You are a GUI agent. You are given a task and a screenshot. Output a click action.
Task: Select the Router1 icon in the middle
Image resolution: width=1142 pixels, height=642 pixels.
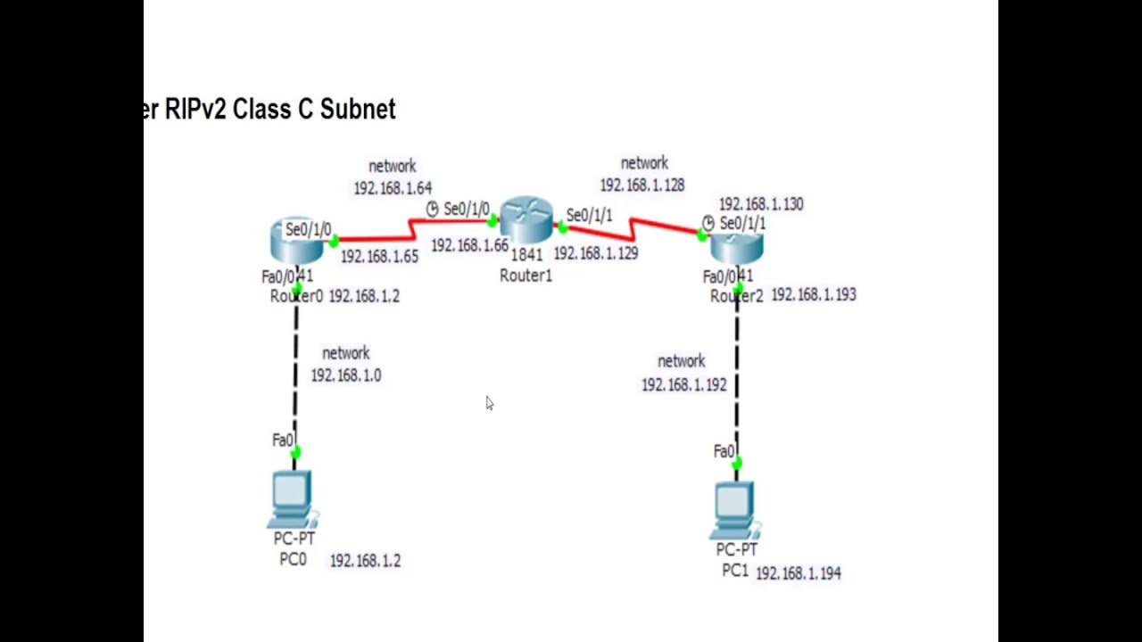(526, 221)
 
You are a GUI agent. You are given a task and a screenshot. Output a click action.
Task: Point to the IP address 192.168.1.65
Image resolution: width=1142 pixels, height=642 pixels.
(379, 257)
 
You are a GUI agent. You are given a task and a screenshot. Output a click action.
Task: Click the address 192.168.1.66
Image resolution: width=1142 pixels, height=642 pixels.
(469, 245)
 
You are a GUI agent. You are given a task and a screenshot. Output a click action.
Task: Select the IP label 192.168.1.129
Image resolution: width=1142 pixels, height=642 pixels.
(595, 253)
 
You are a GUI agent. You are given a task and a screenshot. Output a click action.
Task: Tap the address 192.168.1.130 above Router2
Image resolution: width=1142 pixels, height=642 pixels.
(761, 204)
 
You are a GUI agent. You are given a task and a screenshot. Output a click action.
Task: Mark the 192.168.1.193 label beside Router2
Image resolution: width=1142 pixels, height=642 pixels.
(814, 294)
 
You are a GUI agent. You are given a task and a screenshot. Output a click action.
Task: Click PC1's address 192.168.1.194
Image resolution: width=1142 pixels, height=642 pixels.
(799, 573)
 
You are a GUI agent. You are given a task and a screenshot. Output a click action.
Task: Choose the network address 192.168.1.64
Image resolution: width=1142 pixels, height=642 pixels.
(393, 188)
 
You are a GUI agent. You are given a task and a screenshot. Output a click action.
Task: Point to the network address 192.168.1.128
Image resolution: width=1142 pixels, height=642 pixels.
(642, 185)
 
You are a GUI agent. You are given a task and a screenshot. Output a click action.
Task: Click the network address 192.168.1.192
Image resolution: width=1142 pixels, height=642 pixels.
(683, 384)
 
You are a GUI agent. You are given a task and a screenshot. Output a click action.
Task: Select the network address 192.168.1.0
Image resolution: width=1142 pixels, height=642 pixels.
(346, 375)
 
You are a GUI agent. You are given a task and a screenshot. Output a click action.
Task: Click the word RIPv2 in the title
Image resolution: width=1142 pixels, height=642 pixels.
(196, 110)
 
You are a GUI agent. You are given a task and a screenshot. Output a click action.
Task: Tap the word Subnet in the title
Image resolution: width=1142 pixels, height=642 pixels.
(357, 110)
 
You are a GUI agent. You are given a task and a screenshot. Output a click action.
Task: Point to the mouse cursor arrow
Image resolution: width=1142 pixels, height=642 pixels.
(489, 403)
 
